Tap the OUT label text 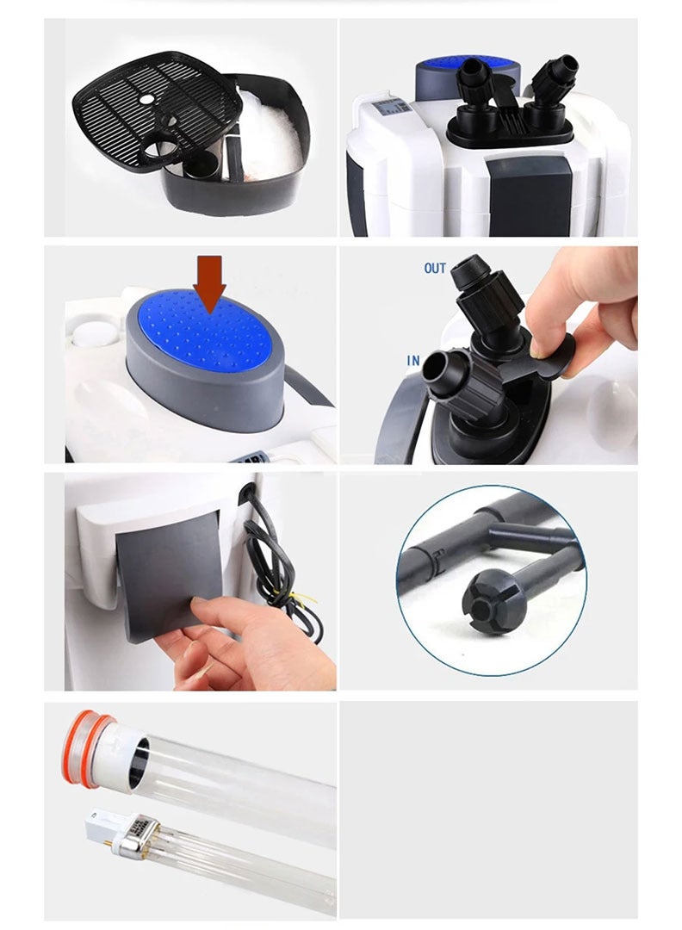(435, 268)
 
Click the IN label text (413, 360)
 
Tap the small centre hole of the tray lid (146, 100)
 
